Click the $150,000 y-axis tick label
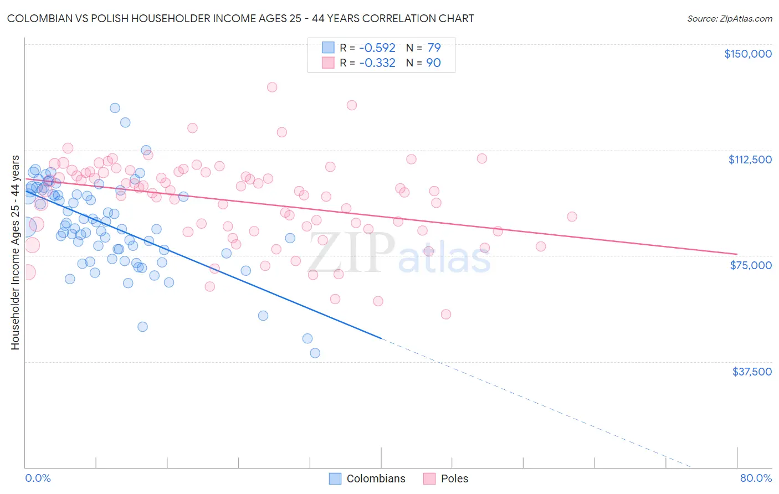click(x=748, y=54)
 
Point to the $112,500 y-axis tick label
click(x=750, y=159)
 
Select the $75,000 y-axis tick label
click(x=751, y=265)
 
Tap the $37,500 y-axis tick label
click(x=752, y=372)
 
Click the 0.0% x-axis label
click(x=38, y=478)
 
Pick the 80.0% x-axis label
click(x=756, y=478)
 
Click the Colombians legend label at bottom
click(x=376, y=478)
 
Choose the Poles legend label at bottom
click(x=454, y=478)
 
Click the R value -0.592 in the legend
click(x=377, y=48)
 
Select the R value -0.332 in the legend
click(x=377, y=63)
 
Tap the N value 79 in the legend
click(x=434, y=48)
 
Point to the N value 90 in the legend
click(x=434, y=63)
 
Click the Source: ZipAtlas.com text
click(x=729, y=18)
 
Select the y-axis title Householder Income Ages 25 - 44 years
click(x=15, y=253)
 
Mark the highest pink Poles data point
click(x=272, y=87)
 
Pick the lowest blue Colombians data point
click(x=315, y=353)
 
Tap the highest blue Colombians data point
click(x=115, y=108)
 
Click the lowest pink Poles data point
click(x=446, y=314)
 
